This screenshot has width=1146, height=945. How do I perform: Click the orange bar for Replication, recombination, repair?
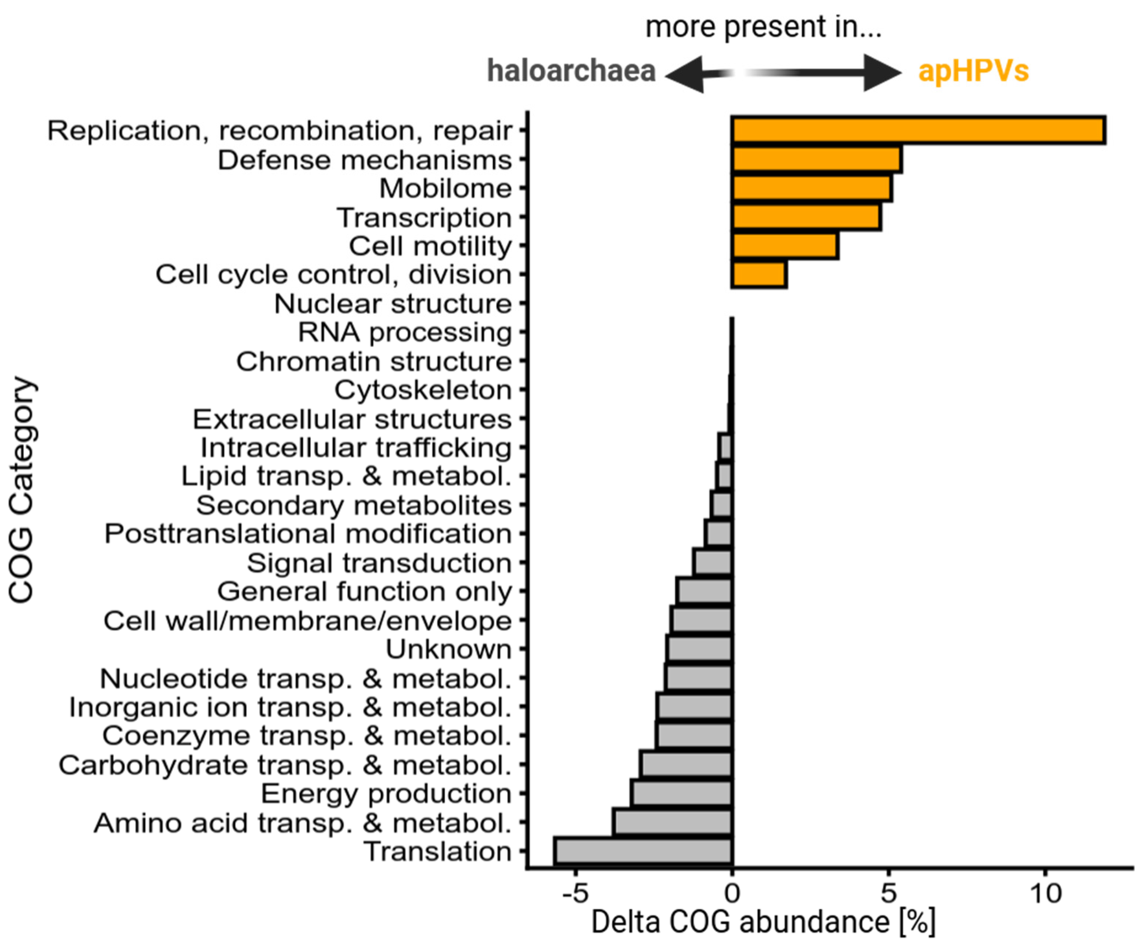(918, 130)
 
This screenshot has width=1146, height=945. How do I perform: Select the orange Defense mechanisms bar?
(817, 159)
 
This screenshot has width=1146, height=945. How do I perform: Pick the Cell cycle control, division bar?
(759, 274)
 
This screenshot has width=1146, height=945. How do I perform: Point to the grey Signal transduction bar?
(713, 562)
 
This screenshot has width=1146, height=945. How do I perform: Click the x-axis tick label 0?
(732, 893)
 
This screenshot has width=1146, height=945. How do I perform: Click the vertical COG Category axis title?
(22, 490)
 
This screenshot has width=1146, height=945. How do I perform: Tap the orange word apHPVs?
(973, 71)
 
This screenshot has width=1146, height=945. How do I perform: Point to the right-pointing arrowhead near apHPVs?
(882, 72)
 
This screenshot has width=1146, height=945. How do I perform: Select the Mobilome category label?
(445, 188)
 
